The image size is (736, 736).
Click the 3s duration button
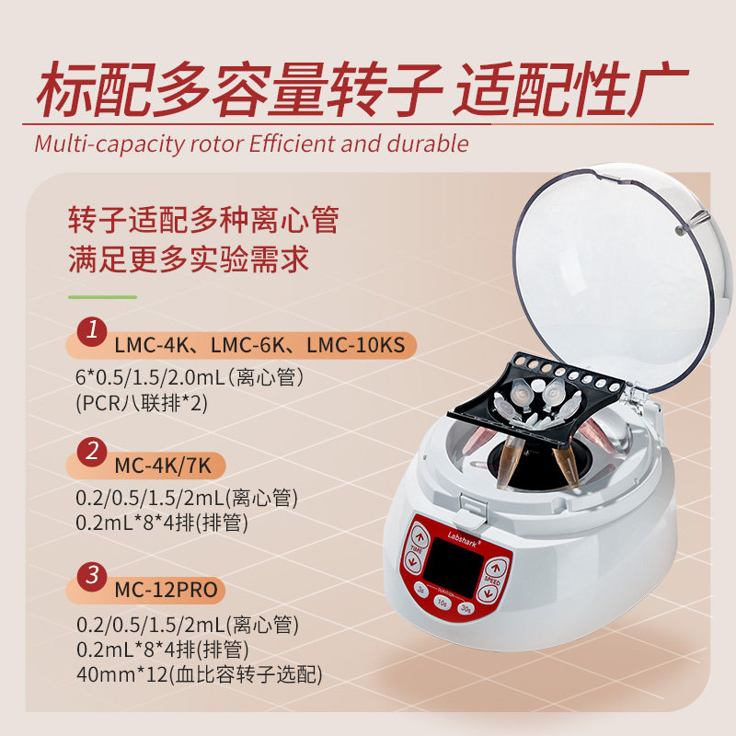tap(421, 590)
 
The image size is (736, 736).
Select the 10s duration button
tap(442, 602)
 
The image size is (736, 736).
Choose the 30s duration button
tap(466, 609)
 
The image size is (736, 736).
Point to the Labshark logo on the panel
tap(464, 540)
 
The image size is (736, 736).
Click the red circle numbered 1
tap(92, 331)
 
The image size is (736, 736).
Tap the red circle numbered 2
tap(92, 452)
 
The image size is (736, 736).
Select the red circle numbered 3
tap(92, 576)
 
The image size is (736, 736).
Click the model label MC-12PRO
tap(167, 590)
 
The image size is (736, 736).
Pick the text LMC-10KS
tap(356, 346)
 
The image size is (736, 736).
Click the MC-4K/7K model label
tap(163, 466)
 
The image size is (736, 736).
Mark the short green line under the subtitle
tap(102, 297)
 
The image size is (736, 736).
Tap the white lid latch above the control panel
tap(471, 509)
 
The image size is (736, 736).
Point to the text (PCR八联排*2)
tap(142, 403)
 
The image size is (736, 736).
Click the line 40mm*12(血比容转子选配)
tap(200, 674)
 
